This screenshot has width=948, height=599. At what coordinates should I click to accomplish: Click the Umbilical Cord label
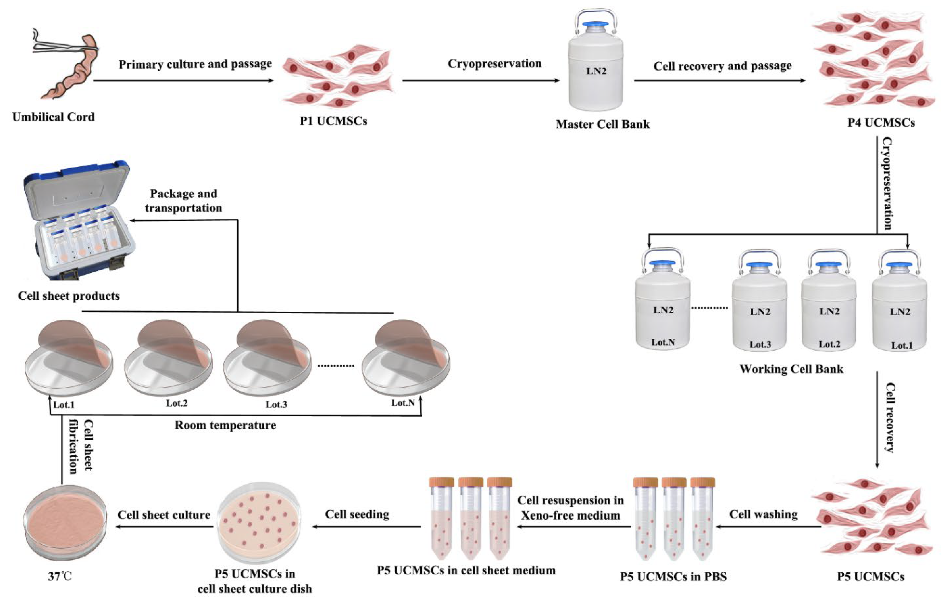(54, 117)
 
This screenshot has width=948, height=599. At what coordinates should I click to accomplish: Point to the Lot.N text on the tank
(663, 342)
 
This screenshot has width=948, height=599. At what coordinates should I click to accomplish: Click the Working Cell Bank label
(791, 369)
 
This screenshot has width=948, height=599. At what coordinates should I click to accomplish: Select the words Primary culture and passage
(195, 64)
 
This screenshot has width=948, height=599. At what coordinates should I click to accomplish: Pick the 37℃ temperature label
(60, 577)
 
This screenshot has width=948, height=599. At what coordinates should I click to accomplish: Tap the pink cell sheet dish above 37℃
(65, 522)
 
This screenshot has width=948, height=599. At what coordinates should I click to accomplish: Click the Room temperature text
(225, 425)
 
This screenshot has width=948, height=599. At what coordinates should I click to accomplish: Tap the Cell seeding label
(357, 514)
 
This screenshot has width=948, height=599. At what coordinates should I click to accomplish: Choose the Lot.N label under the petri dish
(402, 403)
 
